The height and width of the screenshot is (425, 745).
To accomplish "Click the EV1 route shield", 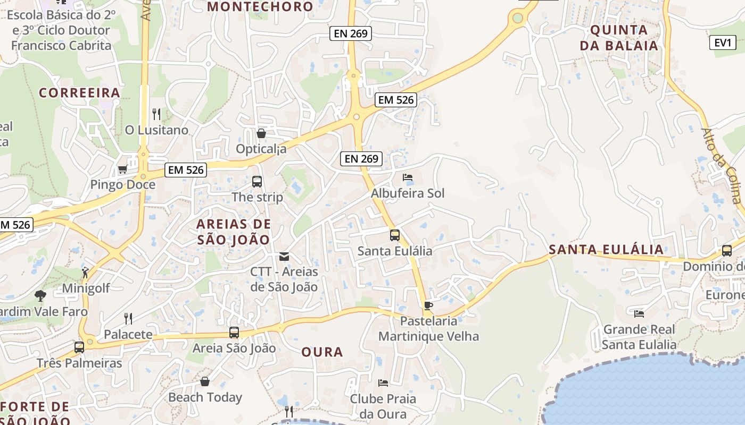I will click(x=723, y=42).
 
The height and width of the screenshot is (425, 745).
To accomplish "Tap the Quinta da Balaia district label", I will click(x=619, y=38).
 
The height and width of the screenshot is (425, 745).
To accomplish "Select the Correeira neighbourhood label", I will click(x=79, y=93).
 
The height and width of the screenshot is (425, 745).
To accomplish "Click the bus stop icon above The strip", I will click(x=257, y=182).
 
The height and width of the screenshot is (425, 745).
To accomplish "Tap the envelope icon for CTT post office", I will click(x=284, y=257).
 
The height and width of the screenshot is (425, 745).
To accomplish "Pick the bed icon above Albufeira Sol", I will click(x=408, y=177).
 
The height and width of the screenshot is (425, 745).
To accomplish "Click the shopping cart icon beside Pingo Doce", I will click(x=122, y=169).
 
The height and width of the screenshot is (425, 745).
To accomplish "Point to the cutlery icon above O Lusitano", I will click(x=156, y=114).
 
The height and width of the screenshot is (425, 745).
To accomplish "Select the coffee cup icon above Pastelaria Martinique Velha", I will click(x=428, y=305).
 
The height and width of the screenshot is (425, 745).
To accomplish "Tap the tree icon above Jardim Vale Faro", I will click(x=40, y=295).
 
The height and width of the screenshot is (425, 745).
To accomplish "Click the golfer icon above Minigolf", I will click(x=85, y=273).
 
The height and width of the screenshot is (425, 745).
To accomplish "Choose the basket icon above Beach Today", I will click(x=205, y=381).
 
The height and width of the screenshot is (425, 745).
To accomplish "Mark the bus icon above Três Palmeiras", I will click(x=79, y=347).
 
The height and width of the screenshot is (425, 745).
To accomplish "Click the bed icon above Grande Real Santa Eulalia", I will click(x=639, y=314).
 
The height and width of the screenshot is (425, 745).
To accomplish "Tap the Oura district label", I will click(x=322, y=352).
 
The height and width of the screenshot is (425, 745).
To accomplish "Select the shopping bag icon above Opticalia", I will click(x=261, y=133).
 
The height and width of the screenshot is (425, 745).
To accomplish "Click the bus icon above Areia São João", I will click(x=234, y=333).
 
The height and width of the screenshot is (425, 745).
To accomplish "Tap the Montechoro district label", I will click(x=260, y=7).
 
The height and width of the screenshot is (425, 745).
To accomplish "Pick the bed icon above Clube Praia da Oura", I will click(x=383, y=382).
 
